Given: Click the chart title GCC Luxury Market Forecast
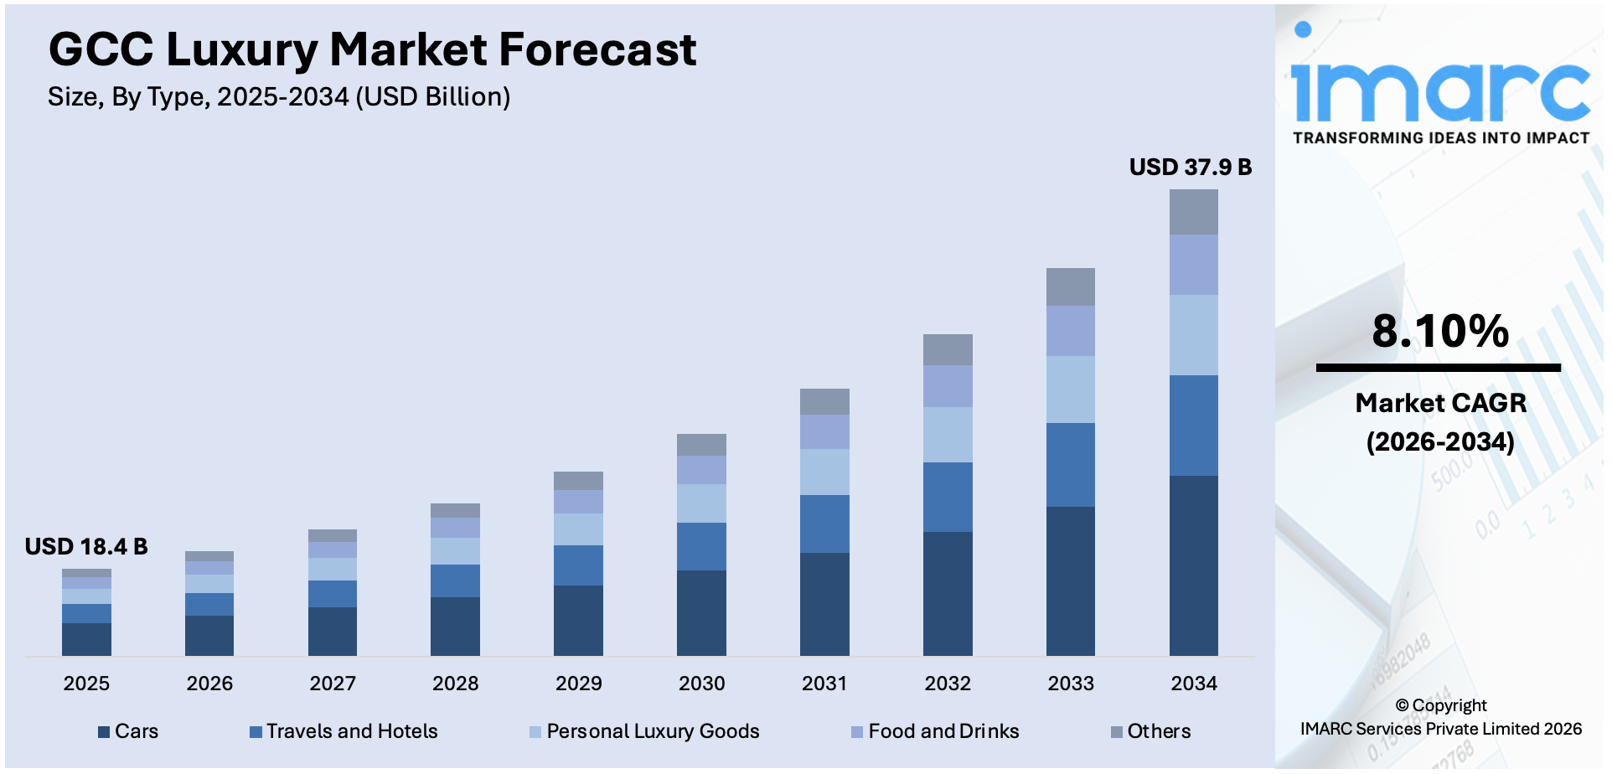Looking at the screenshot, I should [372, 49].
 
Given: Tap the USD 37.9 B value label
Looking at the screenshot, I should [1190, 168].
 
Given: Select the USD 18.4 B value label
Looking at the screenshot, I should [86, 547].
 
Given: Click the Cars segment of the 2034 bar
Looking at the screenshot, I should [1193, 565].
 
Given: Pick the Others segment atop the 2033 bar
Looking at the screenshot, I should [1070, 286].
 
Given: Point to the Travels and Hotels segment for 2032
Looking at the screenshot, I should [948, 497].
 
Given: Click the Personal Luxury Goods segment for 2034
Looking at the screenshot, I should [1193, 335].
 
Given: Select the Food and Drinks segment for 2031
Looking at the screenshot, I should [824, 431].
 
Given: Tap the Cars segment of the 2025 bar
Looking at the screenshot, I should [86, 639].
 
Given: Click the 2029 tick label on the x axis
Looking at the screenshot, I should [578, 684].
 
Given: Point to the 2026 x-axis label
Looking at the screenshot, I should [209, 684].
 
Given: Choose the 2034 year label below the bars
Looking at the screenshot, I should [1193, 684].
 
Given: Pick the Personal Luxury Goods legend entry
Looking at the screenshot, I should [644, 731].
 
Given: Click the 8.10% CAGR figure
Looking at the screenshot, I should [1439, 331].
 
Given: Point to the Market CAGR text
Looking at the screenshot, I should [1440, 403].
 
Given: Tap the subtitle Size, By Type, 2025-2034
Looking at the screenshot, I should [279, 97].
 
